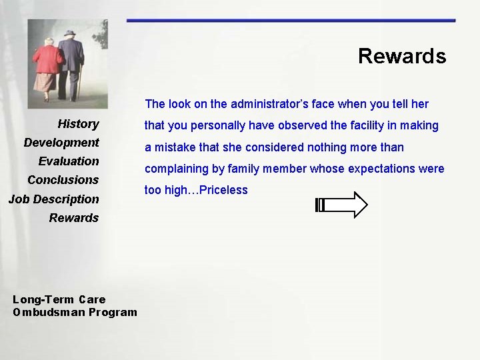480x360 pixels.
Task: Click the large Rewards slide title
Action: point(401,56)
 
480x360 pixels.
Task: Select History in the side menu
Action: point(78,124)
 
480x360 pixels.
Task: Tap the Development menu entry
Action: point(61,143)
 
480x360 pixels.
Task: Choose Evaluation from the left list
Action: point(69,161)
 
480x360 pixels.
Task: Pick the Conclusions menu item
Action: point(63,180)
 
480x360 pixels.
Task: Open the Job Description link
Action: point(53,199)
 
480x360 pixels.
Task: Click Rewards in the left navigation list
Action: point(74,218)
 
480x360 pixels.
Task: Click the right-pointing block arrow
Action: point(341,205)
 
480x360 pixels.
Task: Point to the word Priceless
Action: point(223,190)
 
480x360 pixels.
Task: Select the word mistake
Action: point(176,147)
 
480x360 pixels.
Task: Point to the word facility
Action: point(350,125)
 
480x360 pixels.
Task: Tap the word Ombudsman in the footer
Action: point(41,312)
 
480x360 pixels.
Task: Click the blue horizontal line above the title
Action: point(291,21)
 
